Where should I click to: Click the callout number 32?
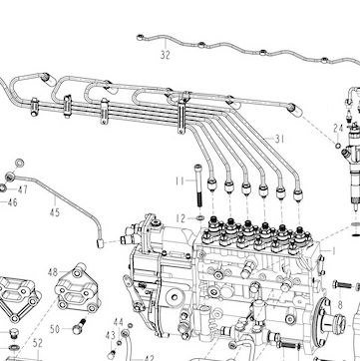click(x=166, y=55)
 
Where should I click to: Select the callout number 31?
click(x=279, y=139)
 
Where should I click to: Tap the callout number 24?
click(x=338, y=128)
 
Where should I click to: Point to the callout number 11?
click(x=180, y=181)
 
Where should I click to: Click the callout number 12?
click(x=180, y=218)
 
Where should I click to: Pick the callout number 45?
click(x=55, y=212)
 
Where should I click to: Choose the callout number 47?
click(x=23, y=190)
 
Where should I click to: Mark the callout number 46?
click(x=13, y=202)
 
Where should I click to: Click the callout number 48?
click(x=53, y=272)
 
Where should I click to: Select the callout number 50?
click(x=55, y=329)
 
